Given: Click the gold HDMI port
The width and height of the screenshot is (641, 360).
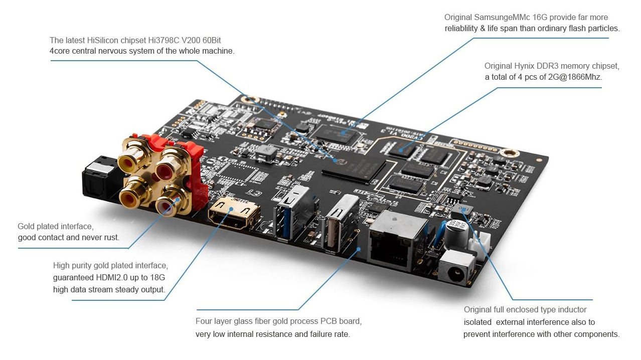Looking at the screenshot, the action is click(x=234, y=213).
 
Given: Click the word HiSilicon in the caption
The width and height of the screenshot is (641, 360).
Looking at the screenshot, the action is click(x=102, y=40).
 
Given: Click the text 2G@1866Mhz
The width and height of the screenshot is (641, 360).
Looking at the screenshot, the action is click(x=575, y=77).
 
